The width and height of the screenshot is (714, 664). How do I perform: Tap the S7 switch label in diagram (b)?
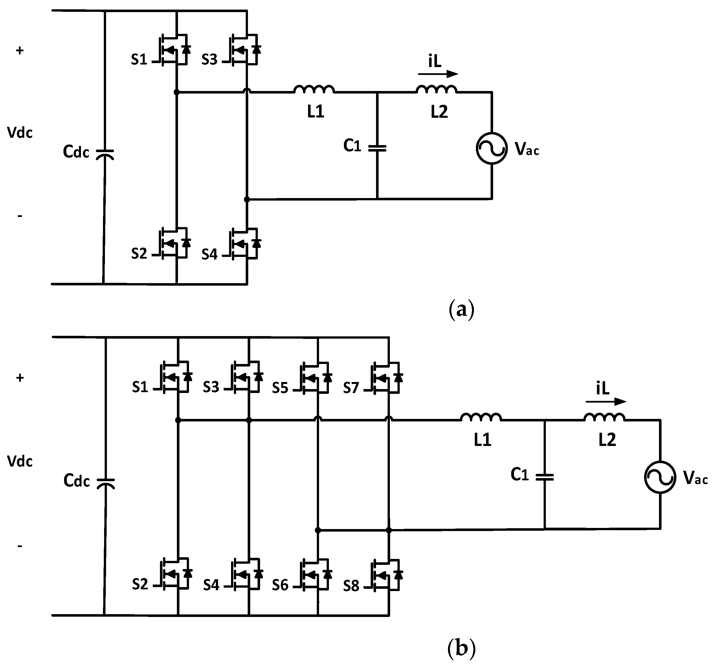(351, 388)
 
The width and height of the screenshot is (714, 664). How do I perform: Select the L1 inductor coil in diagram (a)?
(314, 89)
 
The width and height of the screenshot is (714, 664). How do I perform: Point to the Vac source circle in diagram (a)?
(491, 148)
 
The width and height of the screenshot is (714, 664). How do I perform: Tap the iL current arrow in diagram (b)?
(606, 401)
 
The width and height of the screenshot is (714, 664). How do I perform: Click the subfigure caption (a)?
(462, 309)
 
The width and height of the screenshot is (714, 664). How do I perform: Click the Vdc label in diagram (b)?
(20, 461)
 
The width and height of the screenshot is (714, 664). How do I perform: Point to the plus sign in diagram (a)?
(20, 51)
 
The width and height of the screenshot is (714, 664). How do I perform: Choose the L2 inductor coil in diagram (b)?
(604, 417)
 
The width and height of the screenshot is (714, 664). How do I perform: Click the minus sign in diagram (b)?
(20, 546)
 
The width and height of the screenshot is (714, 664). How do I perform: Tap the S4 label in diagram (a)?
(209, 254)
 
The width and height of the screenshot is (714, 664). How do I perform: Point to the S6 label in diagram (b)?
(280, 585)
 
